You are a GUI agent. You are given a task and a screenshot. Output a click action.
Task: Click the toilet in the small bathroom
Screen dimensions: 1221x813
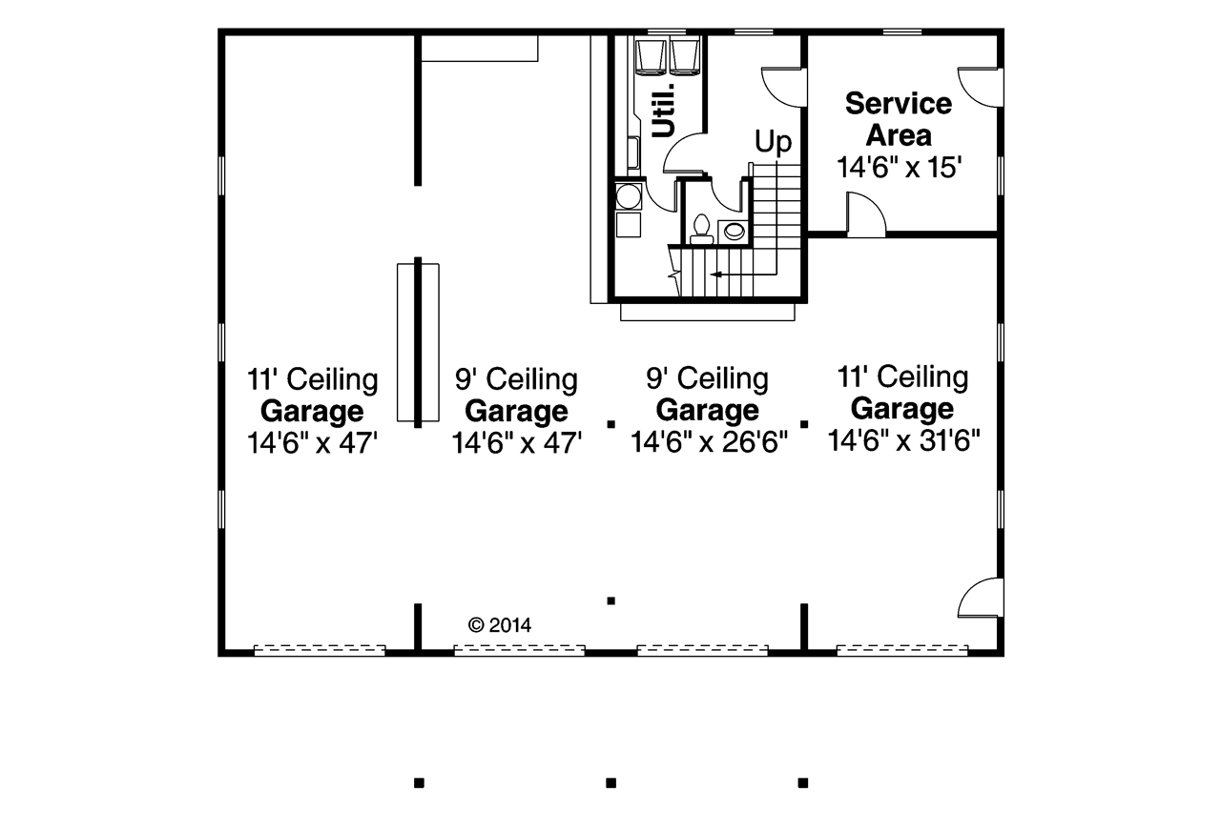[701, 230]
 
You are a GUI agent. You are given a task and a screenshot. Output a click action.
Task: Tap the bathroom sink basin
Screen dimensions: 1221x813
[735, 232]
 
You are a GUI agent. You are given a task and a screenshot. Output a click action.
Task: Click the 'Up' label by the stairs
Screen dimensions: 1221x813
[773, 143]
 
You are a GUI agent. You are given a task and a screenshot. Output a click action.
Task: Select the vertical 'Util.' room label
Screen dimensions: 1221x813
[664, 111]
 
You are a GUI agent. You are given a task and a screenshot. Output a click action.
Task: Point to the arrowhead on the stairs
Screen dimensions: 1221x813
[715, 274]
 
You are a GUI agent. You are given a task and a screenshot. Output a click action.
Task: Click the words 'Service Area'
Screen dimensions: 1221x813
[899, 119]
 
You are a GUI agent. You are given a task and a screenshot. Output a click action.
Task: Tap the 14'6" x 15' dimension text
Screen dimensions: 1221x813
[899, 167]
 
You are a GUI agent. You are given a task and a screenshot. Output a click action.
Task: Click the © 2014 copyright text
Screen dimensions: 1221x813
[499, 624]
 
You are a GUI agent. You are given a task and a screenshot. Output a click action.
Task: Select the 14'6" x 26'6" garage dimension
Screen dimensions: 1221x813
[709, 441]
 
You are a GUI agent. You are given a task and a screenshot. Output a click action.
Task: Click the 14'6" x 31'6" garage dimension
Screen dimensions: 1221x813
[903, 440]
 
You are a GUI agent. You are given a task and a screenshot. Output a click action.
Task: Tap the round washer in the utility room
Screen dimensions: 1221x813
[629, 196]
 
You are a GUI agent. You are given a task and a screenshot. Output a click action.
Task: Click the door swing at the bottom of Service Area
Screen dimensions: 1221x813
[865, 214]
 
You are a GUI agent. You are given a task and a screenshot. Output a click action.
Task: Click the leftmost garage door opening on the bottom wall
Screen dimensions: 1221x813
[320, 650]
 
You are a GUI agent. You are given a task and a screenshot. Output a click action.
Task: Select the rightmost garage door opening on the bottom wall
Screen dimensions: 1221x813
[902, 650]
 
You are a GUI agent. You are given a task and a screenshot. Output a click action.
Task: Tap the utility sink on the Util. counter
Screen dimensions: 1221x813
[633, 152]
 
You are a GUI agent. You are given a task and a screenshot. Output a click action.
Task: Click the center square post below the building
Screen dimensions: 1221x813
[611, 783]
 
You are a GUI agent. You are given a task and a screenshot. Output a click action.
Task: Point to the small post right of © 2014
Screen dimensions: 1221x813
[611, 600]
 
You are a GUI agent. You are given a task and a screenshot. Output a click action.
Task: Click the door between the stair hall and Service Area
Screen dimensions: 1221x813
[784, 87]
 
